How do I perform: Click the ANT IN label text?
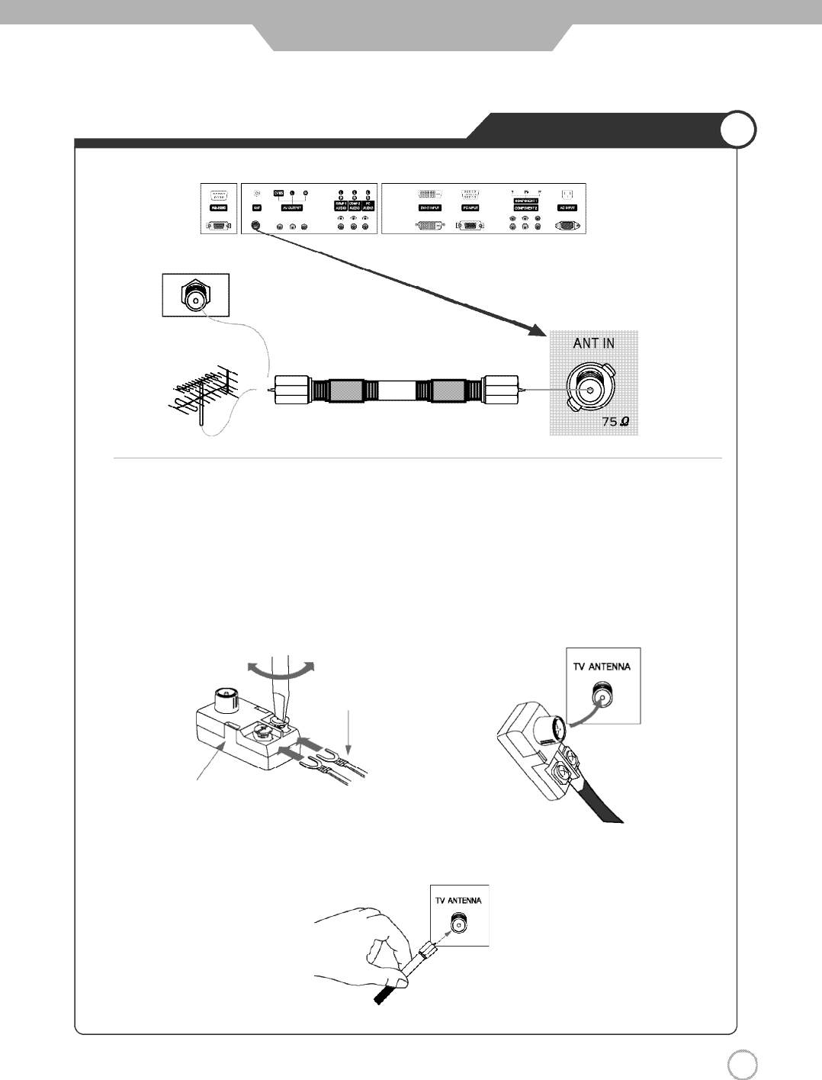(x=593, y=344)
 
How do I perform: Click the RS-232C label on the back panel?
(x=214, y=207)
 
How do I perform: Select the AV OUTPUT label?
(x=293, y=207)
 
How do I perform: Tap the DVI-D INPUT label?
(x=432, y=207)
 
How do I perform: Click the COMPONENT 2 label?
(x=526, y=207)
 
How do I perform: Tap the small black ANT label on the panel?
(x=257, y=207)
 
